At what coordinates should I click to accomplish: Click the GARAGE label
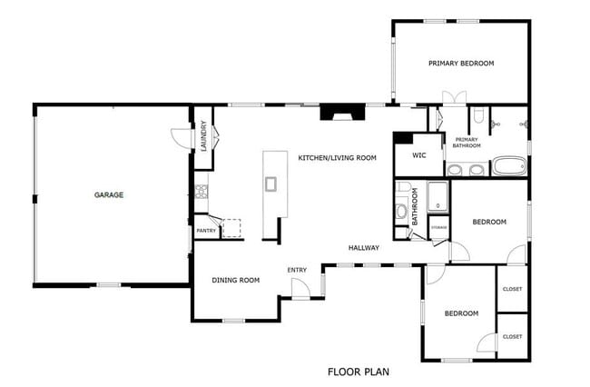pyautogui.click(x=108, y=194)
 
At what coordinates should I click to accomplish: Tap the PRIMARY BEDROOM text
pyautogui.click(x=461, y=63)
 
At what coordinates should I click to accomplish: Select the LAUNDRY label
pyautogui.click(x=204, y=136)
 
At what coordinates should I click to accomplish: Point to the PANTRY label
pyautogui.click(x=206, y=231)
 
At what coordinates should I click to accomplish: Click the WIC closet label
pyautogui.click(x=418, y=155)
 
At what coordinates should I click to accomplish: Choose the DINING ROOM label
pyautogui.click(x=236, y=280)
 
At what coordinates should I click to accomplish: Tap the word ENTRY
pyautogui.click(x=297, y=270)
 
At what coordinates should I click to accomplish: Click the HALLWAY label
pyautogui.click(x=364, y=247)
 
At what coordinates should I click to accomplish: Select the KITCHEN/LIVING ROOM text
pyautogui.click(x=337, y=158)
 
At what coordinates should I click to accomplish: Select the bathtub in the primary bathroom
pyautogui.click(x=508, y=167)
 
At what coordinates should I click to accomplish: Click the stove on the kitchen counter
pyautogui.click(x=202, y=192)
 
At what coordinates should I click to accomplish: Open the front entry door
pyautogui.click(x=299, y=289)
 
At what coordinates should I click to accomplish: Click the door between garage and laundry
pyautogui.click(x=182, y=135)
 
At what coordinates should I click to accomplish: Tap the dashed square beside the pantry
pyautogui.click(x=232, y=227)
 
